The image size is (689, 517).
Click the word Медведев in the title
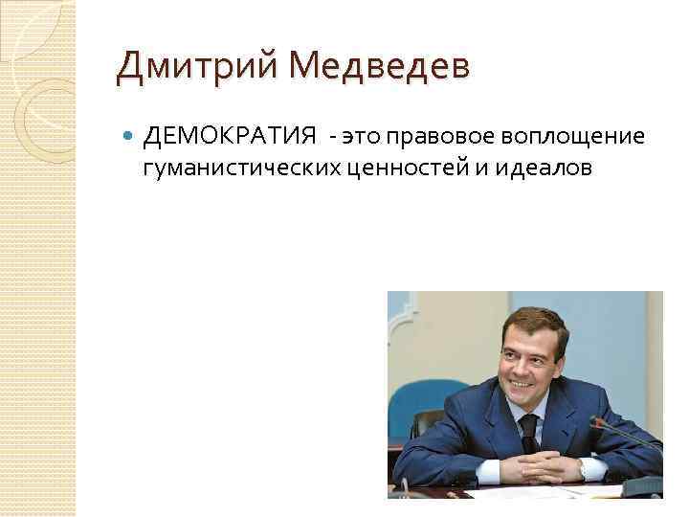tap(378, 67)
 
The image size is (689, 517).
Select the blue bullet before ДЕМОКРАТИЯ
tap(130, 138)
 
